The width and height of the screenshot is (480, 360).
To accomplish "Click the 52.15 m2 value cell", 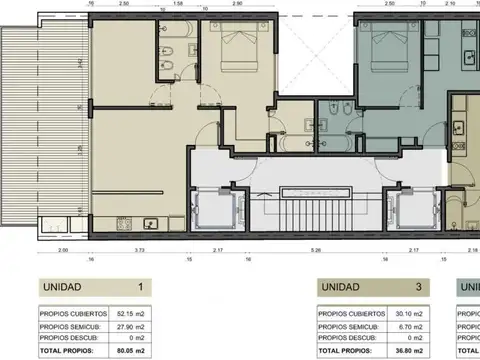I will (131, 310).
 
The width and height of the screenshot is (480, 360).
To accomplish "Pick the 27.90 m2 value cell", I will (131, 325).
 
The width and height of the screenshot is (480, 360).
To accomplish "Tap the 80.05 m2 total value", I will (130, 353).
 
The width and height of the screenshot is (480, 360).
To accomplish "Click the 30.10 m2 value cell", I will (410, 310).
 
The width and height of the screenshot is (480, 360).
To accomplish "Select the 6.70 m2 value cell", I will (411, 325).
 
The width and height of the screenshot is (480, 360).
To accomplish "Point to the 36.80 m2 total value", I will (410, 353).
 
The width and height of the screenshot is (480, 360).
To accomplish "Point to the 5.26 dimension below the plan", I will (315, 249).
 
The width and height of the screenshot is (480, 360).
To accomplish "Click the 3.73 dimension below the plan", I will (139, 249).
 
